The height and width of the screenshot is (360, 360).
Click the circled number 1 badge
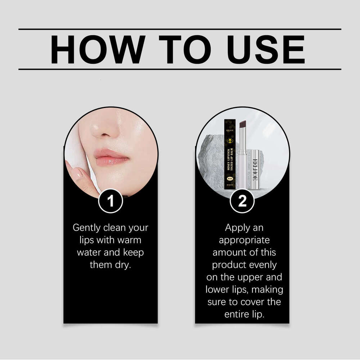111,201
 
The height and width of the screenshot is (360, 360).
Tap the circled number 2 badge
242,201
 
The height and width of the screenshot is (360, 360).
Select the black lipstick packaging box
230,153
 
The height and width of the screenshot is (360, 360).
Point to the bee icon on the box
230,140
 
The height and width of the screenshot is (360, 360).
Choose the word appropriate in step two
244,240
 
